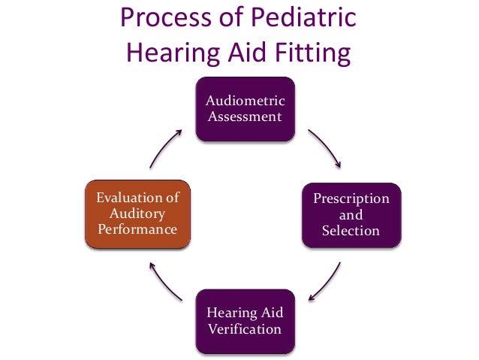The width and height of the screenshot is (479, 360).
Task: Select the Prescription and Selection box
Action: point(351,215)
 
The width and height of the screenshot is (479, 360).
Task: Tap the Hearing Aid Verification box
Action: point(245,321)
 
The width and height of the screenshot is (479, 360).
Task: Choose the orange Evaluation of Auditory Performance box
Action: point(138,214)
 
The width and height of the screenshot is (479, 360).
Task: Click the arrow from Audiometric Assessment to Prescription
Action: point(327,147)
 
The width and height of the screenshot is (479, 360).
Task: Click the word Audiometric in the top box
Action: point(246,101)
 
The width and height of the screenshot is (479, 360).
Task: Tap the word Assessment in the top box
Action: point(246,116)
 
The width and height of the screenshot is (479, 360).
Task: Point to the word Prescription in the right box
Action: point(351,199)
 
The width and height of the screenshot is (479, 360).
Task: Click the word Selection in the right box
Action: point(351,231)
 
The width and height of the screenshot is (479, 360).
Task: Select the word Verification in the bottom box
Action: point(246,329)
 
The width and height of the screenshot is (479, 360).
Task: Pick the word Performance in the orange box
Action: point(137,230)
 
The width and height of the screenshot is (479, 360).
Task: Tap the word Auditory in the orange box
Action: point(137,213)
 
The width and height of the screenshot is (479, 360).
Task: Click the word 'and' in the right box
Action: point(351,215)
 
